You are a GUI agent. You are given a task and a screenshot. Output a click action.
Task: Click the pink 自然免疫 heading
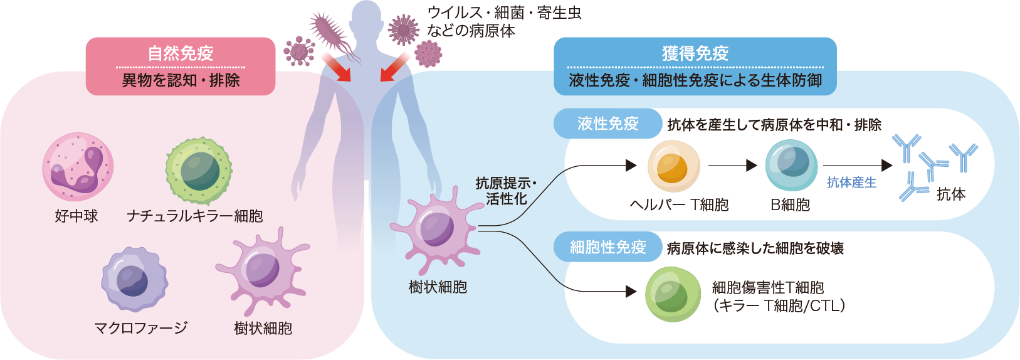pos(181,53)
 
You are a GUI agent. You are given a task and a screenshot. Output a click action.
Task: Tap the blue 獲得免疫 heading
pos(695,53)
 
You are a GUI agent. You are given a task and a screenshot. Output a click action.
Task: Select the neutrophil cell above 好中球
pos(78,167)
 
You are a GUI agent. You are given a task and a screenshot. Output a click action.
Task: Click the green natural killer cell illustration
pos(199,171)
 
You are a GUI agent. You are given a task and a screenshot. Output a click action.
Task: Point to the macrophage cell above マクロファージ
pos(134,280)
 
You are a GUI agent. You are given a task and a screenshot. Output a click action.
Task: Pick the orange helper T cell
pos(673,166)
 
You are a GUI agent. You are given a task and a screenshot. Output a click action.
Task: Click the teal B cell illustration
pos(791,165)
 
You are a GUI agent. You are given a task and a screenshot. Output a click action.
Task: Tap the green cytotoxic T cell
pos(673,294)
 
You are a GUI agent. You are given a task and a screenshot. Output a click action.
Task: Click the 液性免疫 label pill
pos(607,124)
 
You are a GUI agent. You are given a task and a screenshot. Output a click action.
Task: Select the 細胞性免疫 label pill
pos(607,247)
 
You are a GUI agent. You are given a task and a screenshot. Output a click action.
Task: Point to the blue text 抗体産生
pos(851,183)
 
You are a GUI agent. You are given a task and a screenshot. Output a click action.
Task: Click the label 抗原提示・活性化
pos(506,191)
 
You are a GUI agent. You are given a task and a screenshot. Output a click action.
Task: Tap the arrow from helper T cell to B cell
pos(732,166)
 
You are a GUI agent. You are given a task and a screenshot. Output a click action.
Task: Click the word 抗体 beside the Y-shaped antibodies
pos(950,194)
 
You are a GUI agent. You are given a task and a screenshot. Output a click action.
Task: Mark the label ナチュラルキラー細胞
pos(194,216)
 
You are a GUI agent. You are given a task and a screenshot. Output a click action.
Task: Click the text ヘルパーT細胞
pos(679,205)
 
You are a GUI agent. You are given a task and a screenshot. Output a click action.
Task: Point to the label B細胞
pos(790,205)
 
